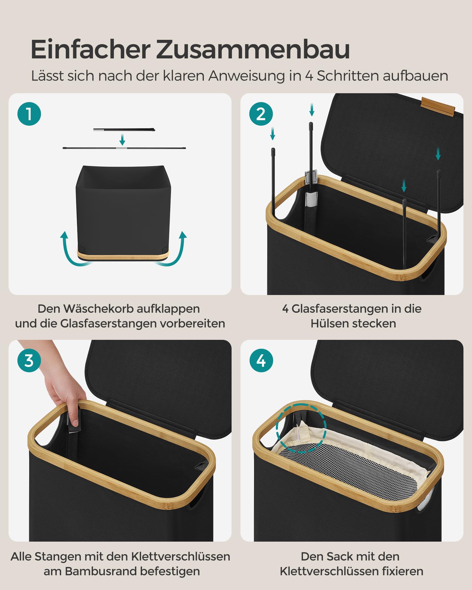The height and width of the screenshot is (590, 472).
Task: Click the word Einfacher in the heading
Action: coord(91,50)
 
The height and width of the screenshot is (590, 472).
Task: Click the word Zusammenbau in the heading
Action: coord(253,50)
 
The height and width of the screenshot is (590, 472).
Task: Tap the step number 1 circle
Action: coord(29,114)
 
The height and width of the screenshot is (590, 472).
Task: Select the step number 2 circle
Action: coord(261,114)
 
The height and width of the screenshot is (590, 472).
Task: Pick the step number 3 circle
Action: coord(29,360)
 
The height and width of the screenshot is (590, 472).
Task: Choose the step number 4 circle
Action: coord(261,360)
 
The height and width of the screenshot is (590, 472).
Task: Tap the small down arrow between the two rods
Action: coord(122,139)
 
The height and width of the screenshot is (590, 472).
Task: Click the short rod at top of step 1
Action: coord(124,130)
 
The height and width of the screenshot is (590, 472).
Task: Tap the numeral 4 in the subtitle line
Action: coord(309,76)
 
